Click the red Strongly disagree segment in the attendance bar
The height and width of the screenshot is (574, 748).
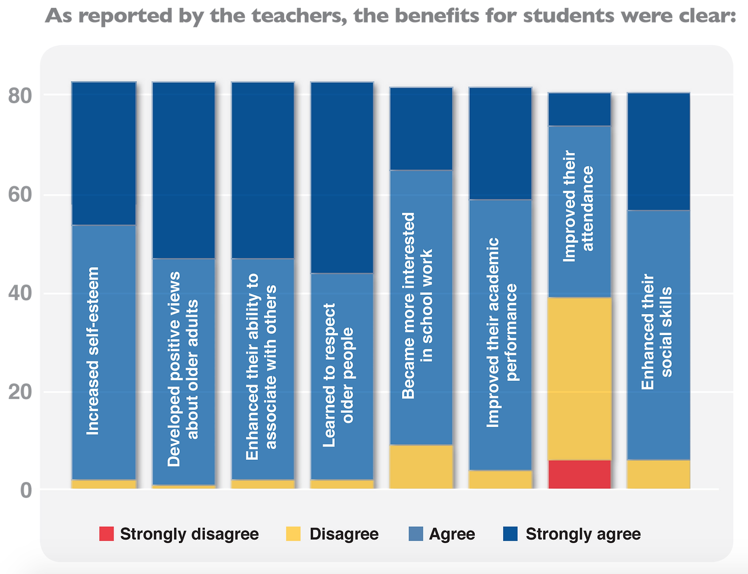pyautogui.click(x=579, y=474)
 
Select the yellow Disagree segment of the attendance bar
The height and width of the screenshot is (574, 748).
pyautogui.click(x=579, y=379)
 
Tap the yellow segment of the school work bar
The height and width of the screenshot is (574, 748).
pyautogui.click(x=421, y=467)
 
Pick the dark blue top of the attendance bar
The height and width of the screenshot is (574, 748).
pyautogui.click(x=579, y=109)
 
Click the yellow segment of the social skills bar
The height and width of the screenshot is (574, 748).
pyautogui.click(x=658, y=474)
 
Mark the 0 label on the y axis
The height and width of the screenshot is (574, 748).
pyautogui.click(x=26, y=490)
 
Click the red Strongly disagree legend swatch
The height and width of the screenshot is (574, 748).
pyautogui.click(x=107, y=534)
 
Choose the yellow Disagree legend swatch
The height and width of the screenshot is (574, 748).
pyautogui.click(x=293, y=534)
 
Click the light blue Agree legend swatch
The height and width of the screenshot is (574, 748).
pyautogui.click(x=415, y=534)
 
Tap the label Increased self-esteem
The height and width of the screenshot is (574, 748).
pyautogui.click(x=93, y=351)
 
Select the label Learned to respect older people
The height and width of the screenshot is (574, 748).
pyautogui.click(x=338, y=375)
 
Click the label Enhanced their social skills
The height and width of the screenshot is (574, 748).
pyautogui.click(x=657, y=332)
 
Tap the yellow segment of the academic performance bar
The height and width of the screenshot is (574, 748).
pyautogui.click(x=501, y=479)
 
